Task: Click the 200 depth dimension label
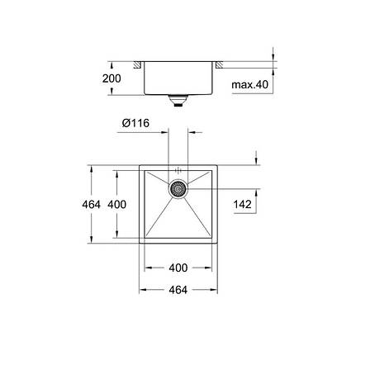pos(111,78)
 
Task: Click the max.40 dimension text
pos(249,84)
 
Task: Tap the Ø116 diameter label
pos(135,123)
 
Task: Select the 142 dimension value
pos(243,204)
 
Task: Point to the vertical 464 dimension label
pos(92,204)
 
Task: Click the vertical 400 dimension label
pos(117,204)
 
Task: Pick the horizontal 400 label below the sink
pos(178,268)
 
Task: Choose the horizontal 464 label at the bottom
pos(178,290)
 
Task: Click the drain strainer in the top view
pos(178,189)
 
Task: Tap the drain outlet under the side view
pos(178,100)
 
